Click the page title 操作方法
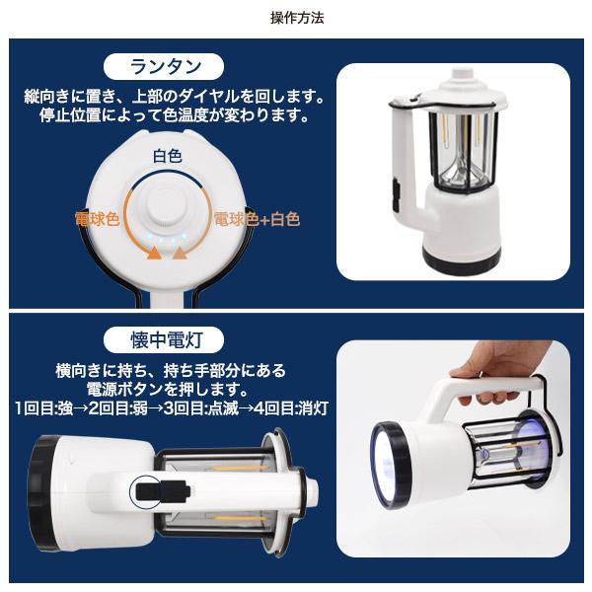tap(296, 18)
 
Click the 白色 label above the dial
tap(166, 156)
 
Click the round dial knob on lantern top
tap(166, 209)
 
